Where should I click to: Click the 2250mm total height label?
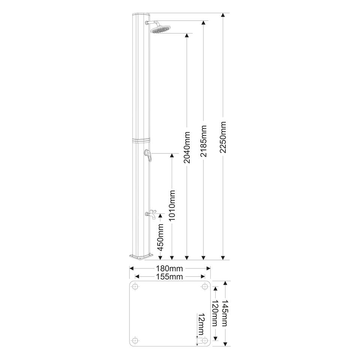(x=223, y=137)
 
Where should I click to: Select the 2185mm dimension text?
(x=204, y=141)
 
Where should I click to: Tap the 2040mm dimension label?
(x=187, y=147)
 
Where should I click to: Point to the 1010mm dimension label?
(x=172, y=205)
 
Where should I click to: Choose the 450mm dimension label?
(x=160, y=237)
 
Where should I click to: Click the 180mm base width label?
(x=169, y=268)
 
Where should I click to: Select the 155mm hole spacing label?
(x=169, y=277)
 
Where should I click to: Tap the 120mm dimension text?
(x=215, y=313)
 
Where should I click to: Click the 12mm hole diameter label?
(x=201, y=324)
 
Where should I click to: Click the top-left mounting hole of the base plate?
(x=135, y=286)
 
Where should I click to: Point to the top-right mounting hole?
(x=204, y=286)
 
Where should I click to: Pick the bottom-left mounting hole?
(x=135, y=340)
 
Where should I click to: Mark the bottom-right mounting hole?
(x=204, y=340)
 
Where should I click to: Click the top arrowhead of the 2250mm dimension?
(x=223, y=15)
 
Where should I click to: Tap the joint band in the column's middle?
(x=141, y=140)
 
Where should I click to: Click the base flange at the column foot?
(x=141, y=257)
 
